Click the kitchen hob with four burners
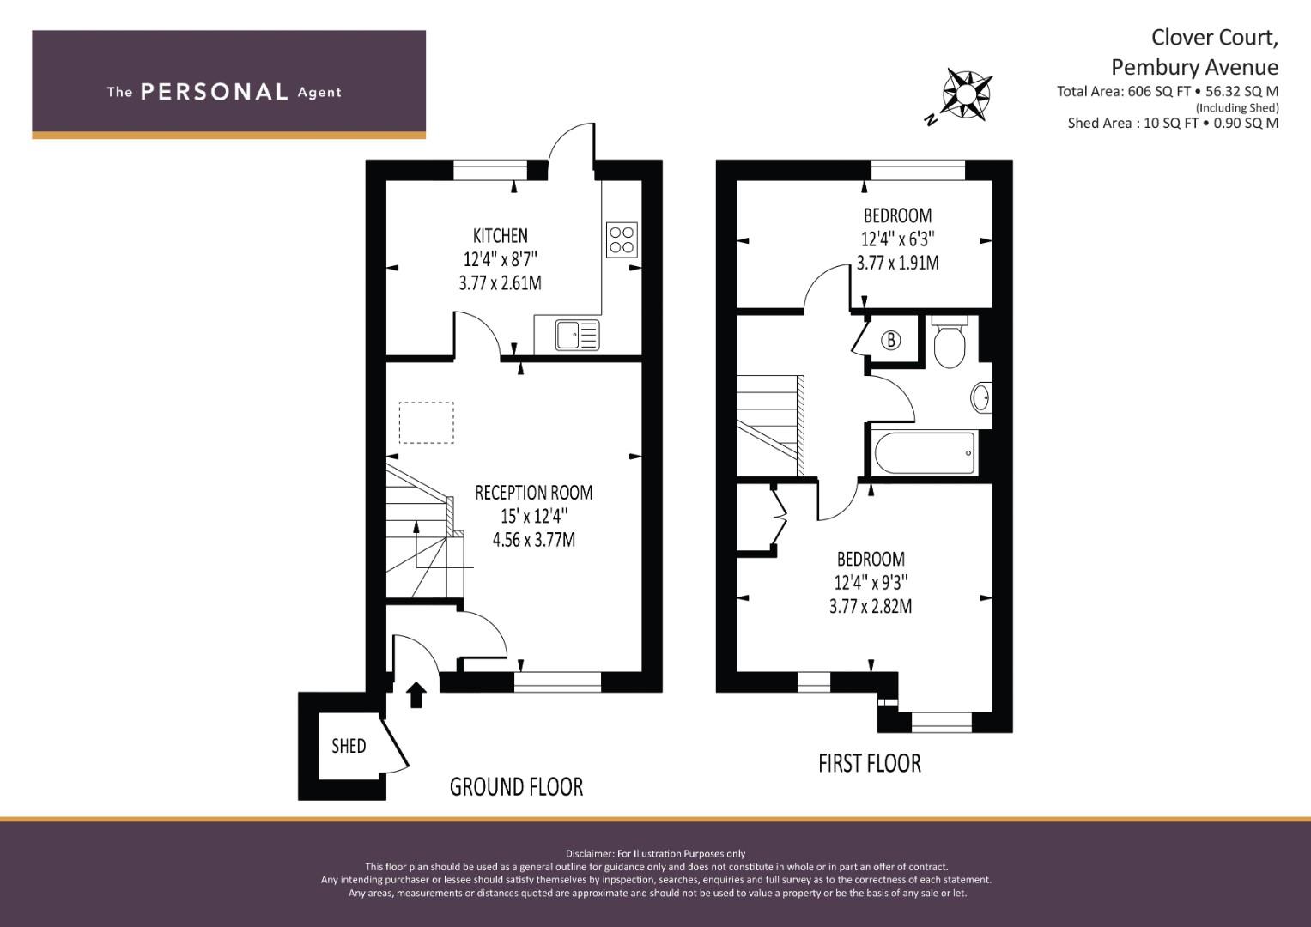click(x=622, y=240)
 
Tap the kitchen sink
click(x=578, y=335)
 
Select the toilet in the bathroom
click(x=949, y=342)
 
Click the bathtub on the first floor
click(x=925, y=453)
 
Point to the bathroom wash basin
click(x=981, y=398)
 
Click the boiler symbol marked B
click(x=891, y=340)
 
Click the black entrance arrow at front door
click(x=416, y=695)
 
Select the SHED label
click(x=349, y=746)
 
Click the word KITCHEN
click(x=501, y=236)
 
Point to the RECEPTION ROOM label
click(x=534, y=493)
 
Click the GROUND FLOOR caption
click(x=516, y=787)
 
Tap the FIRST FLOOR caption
click(x=870, y=764)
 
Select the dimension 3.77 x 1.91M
click(x=898, y=263)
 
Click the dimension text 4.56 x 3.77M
click(x=534, y=540)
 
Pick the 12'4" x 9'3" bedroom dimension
click(x=871, y=583)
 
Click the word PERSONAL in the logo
click(x=215, y=92)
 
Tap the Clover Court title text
click(x=1215, y=38)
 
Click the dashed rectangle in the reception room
click(x=427, y=422)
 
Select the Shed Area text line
click(x=1173, y=123)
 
